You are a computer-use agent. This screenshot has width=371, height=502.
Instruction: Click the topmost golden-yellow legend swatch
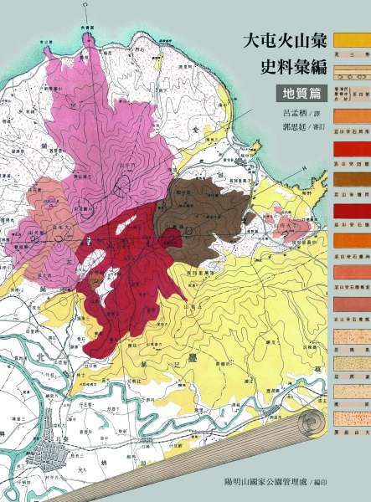[352, 38]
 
